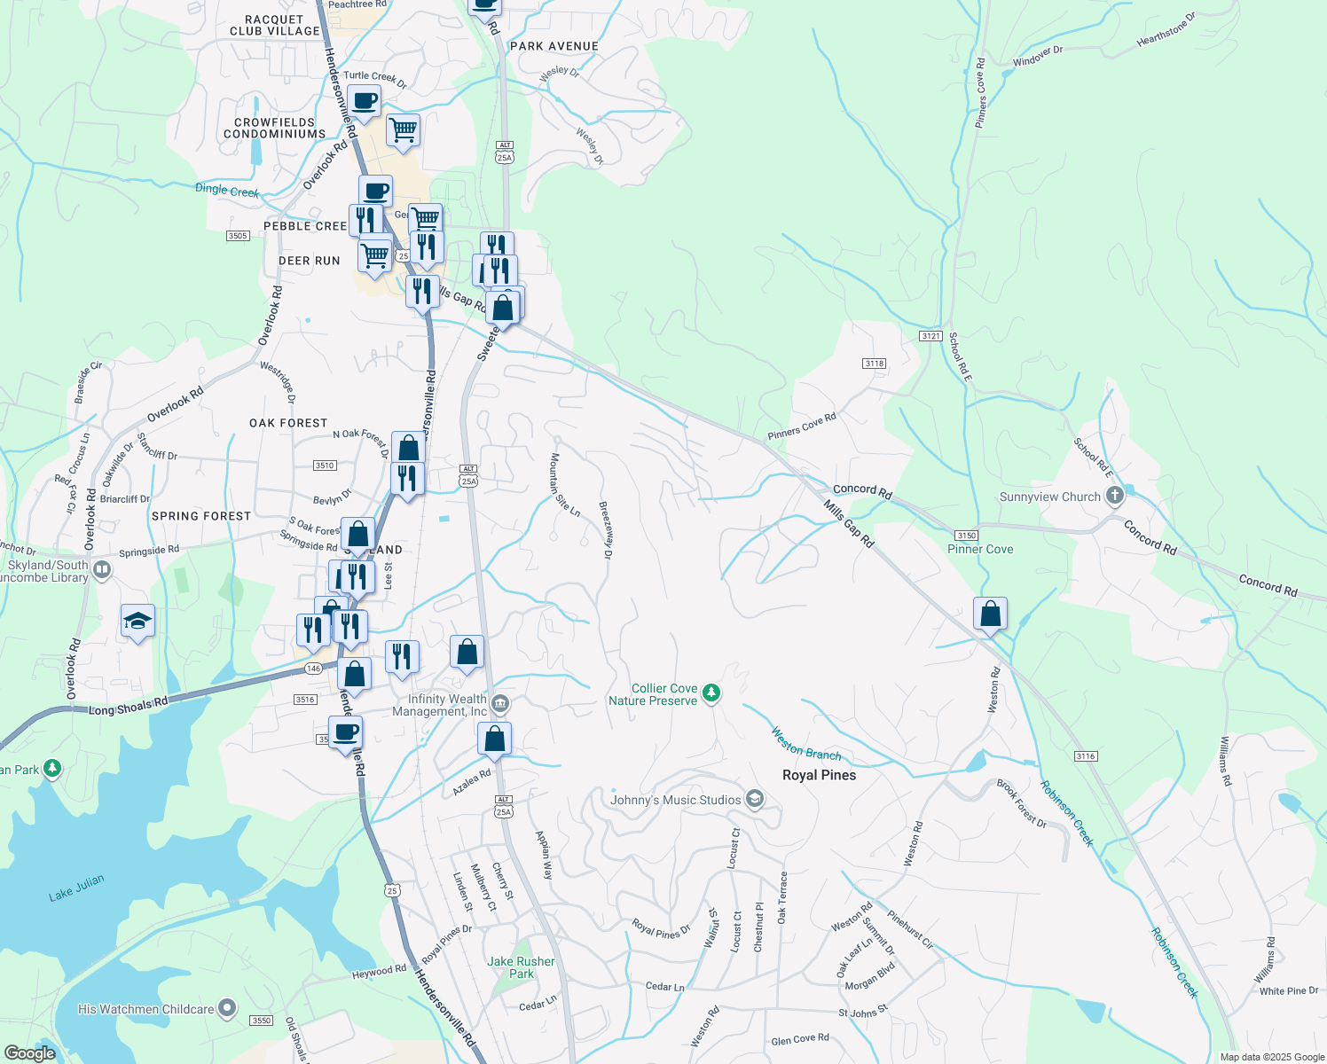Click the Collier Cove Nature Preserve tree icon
point(711,693)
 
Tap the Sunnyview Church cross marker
point(1115,496)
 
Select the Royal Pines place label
point(819,775)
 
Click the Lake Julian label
point(76,888)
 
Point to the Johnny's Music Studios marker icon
point(754,800)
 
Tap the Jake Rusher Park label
point(521,967)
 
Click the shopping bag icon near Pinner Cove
point(990,614)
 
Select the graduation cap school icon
point(137,621)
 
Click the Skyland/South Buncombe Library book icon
point(102,569)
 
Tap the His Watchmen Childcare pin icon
point(227,1008)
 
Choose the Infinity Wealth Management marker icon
point(499,704)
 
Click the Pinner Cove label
point(980,549)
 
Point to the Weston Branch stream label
point(805,744)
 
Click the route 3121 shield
point(930,336)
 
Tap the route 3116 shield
point(1086,756)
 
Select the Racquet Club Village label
point(275,25)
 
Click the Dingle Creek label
point(227,190)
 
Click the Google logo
point(30,1053)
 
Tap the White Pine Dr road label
point(1288,991)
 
